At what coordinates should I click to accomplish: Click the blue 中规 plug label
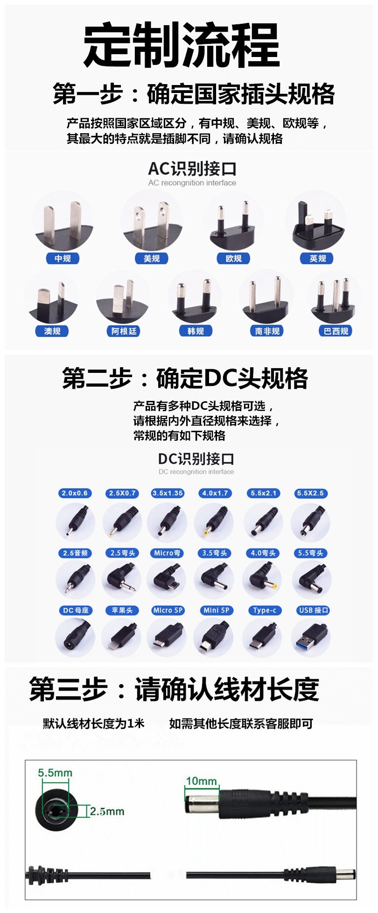coord(63,258)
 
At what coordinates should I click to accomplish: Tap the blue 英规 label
coord(317,258)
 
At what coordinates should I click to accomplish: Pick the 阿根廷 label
coord(124,331)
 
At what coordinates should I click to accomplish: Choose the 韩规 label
coord(196,331)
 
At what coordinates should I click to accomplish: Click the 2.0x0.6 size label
coord(75,493)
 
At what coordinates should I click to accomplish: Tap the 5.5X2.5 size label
coord(310,493)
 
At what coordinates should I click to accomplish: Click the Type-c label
coord(265,610)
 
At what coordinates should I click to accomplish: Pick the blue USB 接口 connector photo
coord(311,637)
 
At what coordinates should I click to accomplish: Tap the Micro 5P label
coord(168,610)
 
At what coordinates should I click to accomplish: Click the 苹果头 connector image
coord(122,637)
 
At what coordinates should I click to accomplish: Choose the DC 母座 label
coord(76,610)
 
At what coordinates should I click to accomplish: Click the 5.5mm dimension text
coord(55,773)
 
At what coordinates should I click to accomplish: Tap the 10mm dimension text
coord(202,781)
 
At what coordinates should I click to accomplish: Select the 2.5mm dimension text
coord(107,811)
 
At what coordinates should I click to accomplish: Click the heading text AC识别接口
coord(192,169)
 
